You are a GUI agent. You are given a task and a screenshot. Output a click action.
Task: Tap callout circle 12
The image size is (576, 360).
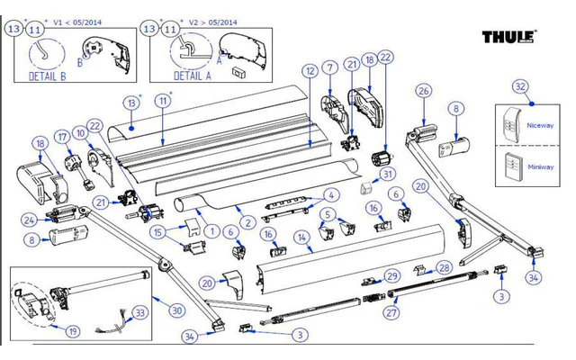click(x=309, y=70)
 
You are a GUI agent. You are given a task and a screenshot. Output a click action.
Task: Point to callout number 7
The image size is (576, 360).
click(x=330, y=67)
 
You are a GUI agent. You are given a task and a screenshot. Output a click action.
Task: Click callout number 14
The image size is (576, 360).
click(x=303, y=238)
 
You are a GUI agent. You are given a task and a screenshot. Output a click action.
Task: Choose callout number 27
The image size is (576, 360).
click(x=390, y=313)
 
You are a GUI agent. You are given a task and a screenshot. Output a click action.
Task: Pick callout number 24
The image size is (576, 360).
click(x=28, y=219)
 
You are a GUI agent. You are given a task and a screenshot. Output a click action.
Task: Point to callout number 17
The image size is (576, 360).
click(x=62, y=137)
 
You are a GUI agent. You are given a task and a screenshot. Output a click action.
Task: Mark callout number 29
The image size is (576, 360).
click(x=391, y=275)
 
